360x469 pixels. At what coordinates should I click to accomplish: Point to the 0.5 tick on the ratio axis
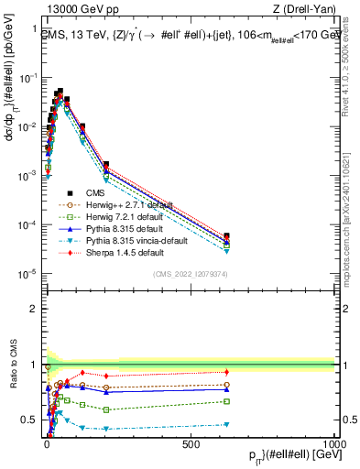30,420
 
